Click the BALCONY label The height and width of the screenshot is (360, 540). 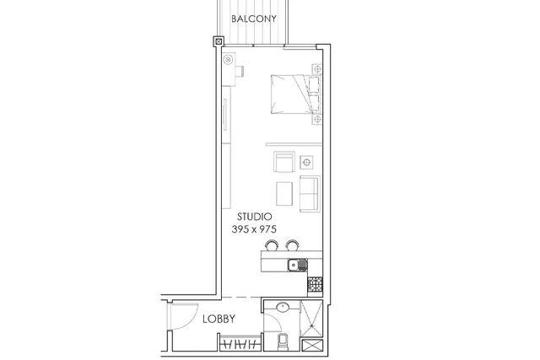pos(254,19)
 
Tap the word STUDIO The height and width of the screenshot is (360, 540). pos(255,217)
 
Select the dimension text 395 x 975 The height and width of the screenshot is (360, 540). pos(254,229)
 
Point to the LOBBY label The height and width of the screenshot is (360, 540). pos(219,319)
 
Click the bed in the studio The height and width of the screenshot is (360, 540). pos(296,94)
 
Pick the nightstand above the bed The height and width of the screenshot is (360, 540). pos(317,69)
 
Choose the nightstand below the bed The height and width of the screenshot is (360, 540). pos(317,120)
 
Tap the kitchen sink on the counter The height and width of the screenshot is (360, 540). pos(297,265)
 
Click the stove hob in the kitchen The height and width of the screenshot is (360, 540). pos(315,285)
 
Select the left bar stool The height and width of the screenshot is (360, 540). pos(272,245)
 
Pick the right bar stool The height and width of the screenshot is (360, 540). pos(293,245)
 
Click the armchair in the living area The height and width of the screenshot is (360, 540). pos(284,162)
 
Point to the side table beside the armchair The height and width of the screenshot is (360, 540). pos(306,162)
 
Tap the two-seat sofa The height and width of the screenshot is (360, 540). pos(310,193)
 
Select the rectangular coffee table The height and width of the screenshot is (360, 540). pos(284,194)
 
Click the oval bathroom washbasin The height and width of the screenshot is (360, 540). pos(283,308)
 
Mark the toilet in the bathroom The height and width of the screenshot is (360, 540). pos(282,341)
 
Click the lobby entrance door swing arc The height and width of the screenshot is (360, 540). pos(191,321)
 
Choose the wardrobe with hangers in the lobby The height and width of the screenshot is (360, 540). pos(240,343)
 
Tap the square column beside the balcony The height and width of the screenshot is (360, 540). pos(219,42)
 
